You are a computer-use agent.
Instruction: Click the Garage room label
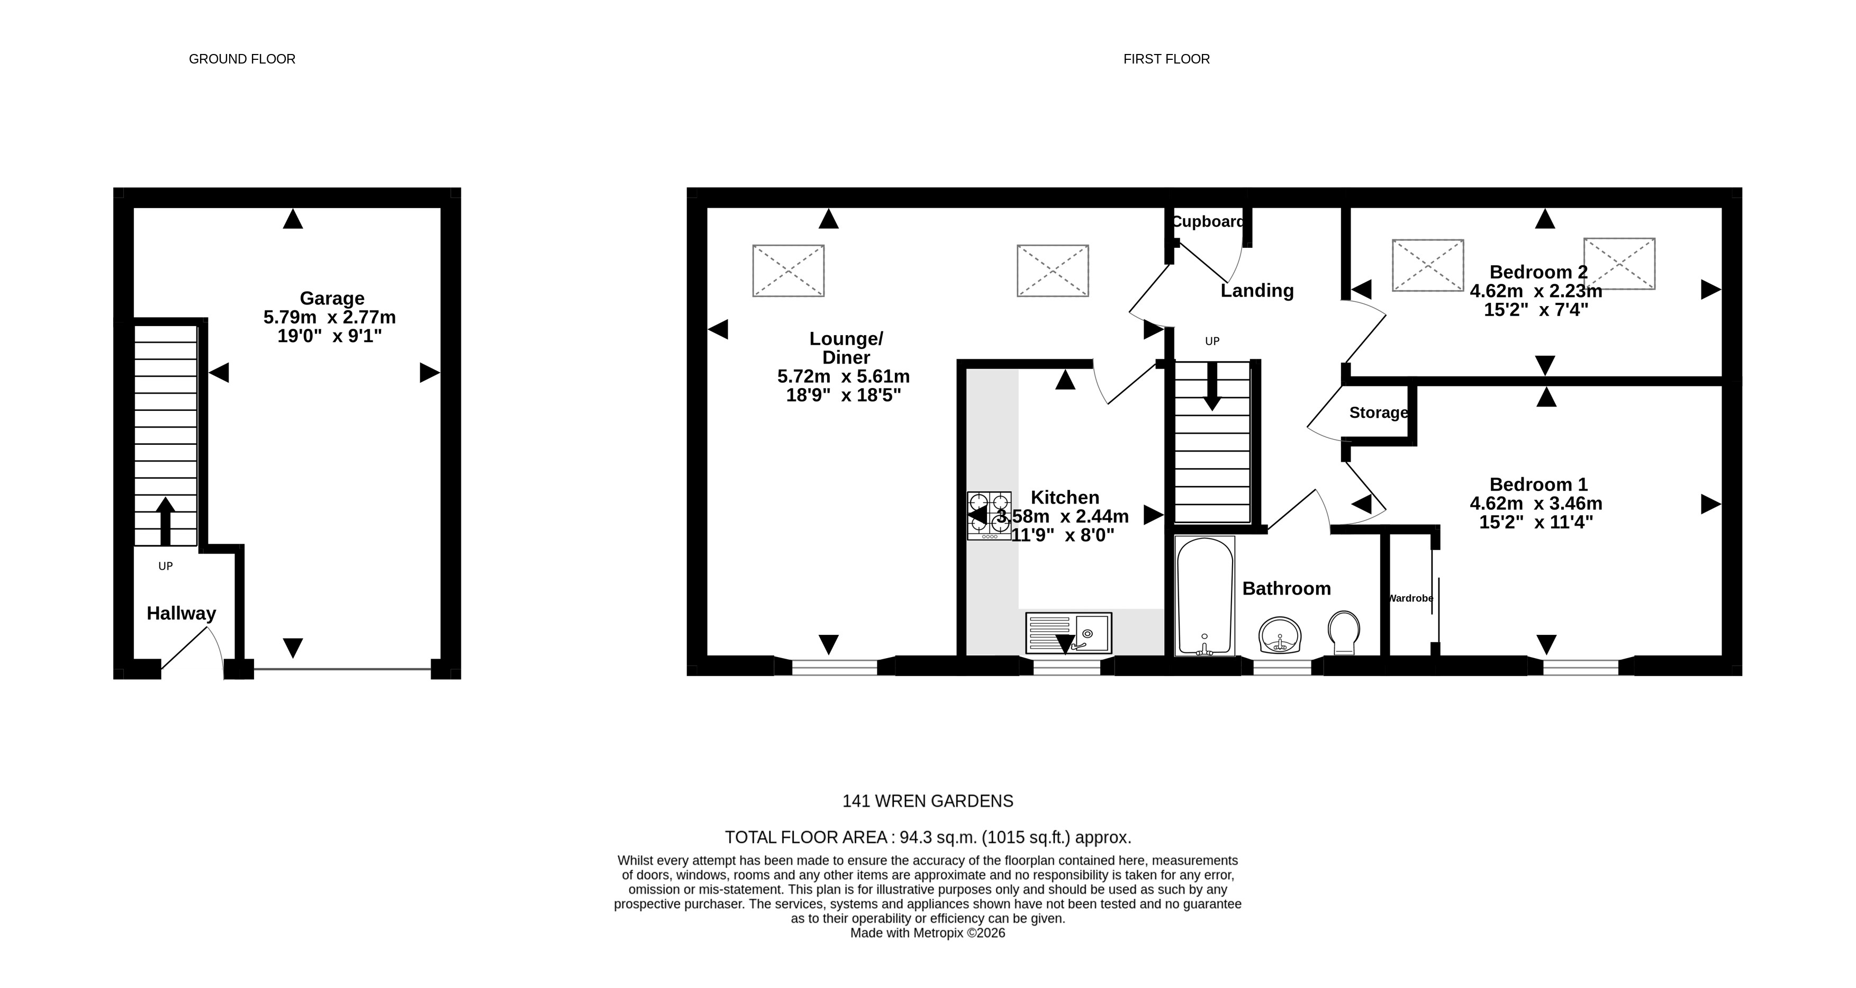tap(331, 298)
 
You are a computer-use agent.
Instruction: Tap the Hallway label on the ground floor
tap(181, 613)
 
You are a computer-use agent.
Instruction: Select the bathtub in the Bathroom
tap(1204, 595)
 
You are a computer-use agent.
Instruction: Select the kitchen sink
tap(1069, 633)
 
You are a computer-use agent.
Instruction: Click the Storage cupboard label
tap(1378, 413)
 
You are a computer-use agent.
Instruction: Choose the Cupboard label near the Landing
tap(1208, 222)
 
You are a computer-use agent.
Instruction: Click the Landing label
tap(1256, 291)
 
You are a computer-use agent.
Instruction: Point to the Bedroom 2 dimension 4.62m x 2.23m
tap(1535, 291)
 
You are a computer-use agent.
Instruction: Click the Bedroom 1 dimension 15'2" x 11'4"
tap(1535, 523)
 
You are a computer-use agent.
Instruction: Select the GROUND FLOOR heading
tap(242, 59)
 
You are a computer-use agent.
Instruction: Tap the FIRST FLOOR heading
tap(1166, 59)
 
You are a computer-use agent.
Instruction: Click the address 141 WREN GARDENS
tap(927, 801)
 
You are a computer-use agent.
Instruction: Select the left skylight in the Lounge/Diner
tap(788, 271)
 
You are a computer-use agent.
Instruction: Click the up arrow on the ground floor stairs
tap(166, 520)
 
